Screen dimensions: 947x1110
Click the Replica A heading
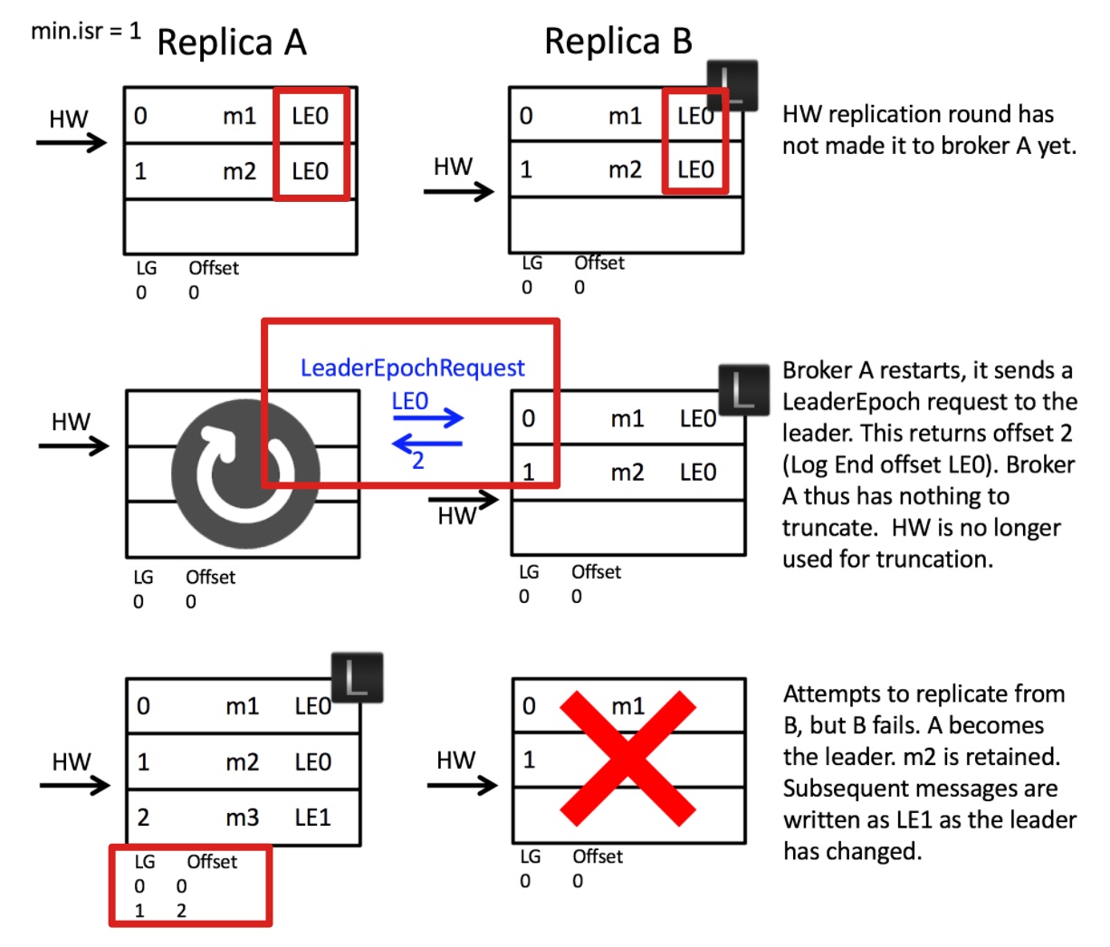pyautogui.click(x=232, y=43)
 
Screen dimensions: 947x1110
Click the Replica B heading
pyautogui.click(x=618, y=42)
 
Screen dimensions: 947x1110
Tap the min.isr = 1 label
pyautogui.click(x=86, y=31)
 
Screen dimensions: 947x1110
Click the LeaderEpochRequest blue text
pyautogui.click(x=412, y=368)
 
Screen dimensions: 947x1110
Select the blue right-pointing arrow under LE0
pyautogui.click(x=428, y=417)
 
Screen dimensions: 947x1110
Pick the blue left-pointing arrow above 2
pyautogui.click(x=427, y=444)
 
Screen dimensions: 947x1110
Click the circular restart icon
pyautogui.click(x=245, y=473)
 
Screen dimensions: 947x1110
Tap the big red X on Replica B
pyautogui.click(x=627, y=759)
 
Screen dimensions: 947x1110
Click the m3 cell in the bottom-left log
pyautogui.click(x=242, y=818)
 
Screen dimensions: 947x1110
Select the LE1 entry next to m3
pyautogui.click(x=312, y=818)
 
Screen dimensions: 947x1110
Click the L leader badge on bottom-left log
pyautogui.click(x=357, y=677)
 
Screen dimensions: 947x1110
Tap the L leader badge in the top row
pyautogui.click(x=731, y=85)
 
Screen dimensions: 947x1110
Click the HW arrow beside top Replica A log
pyautogui.click(x=72, y=141)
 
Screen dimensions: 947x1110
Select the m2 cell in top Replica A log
pyautogui.click(x=240, y=171)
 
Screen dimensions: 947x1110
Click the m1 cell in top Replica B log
pyautogui.click(x=625, y=116)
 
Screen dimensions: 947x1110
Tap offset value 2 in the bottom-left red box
pyautogui.click(x=181, y=911)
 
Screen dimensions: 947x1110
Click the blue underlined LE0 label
pyautogui.click(x=410, y=400)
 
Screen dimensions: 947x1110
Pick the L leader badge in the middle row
pyautogui.click(x=742, y=390)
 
